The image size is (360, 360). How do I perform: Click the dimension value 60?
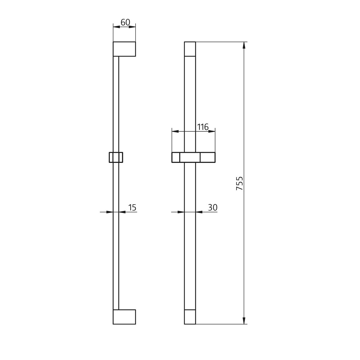(x=125, y=22)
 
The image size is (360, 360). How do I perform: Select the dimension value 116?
(x=203, y=127)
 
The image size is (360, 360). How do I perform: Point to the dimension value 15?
(x=132, y=207)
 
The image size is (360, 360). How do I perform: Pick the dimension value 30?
(x=212, y=207)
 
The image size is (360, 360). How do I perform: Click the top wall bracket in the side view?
(x=124, y=49)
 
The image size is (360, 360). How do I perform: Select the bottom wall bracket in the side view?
(x=124, y=317)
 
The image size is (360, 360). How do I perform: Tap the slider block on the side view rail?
(x=116, y=157)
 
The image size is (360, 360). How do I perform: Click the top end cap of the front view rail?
(x=190, y=49)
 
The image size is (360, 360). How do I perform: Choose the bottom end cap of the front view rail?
(x=190, y=317)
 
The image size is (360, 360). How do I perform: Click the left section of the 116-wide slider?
(x=176, y=157)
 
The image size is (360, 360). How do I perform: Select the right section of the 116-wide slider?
(x=208, y=157)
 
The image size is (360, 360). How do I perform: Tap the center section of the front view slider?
(x=190, y=157)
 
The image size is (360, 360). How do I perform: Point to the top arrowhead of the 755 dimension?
(x=244, y=45)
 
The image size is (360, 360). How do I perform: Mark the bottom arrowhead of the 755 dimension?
(x=244, y=321)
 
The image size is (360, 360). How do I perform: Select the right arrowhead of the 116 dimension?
(x=212, y=131)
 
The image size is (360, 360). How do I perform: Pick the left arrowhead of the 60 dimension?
(x=116, y=27)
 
